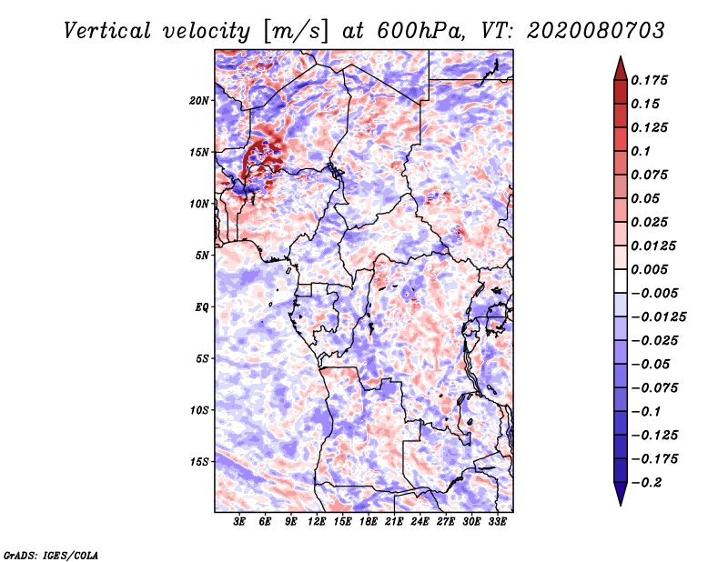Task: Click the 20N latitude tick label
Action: [x=200, y=100]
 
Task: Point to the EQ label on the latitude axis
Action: [x=202, y=306]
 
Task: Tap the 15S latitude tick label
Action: [x=200, y=461]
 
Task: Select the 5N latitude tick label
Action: [x=203, y=255]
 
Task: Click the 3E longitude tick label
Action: [x=240, y=522]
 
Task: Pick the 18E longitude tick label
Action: [x=369, y=522]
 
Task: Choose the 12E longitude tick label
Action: [x=318, y=522]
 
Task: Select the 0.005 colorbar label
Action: [x=652, y=270]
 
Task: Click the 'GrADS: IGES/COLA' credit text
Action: [x=50, y=554]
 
